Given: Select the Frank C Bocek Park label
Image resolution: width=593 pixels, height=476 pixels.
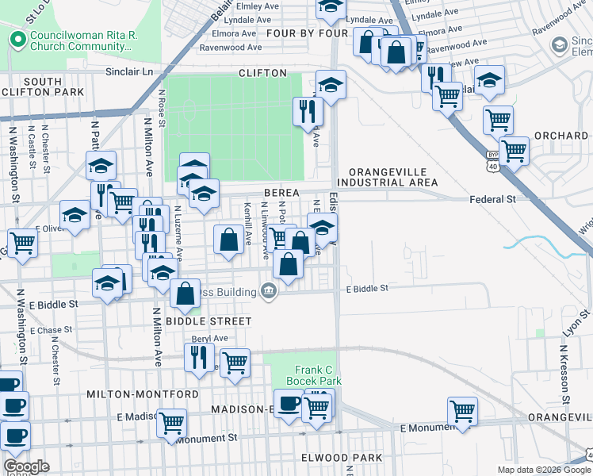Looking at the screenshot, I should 318,375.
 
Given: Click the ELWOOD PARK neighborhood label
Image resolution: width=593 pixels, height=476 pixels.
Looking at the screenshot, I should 342,459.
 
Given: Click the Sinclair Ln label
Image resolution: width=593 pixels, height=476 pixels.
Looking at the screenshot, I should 129,71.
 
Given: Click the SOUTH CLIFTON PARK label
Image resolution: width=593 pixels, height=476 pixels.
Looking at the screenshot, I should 43,86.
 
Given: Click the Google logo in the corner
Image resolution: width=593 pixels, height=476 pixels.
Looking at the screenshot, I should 26,466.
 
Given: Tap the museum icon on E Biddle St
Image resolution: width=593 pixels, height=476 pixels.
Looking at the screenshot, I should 269,292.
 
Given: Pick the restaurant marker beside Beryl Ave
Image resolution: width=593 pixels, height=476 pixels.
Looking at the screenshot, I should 198,356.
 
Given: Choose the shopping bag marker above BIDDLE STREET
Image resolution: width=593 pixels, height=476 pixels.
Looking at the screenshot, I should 185,294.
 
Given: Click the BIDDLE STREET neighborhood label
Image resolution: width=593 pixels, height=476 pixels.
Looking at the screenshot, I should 209,321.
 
